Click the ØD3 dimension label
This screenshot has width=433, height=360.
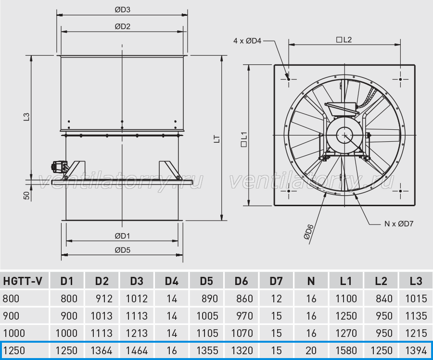click(x=122, y=10)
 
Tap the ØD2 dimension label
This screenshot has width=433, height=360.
click(x=122, y=26)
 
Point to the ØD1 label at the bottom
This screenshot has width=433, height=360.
click(x=122, y=236)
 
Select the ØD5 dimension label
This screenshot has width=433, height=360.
click(x=122, y=250)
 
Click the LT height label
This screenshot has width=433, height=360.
click(x=217, y=139)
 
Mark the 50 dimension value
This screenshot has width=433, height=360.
click(x=26, y=195)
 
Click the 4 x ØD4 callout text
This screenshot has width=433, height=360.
click(x=247, y=41)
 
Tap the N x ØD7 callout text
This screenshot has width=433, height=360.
click(x=399, y=223)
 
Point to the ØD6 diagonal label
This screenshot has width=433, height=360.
click(x=309, y=232)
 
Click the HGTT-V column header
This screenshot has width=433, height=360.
click(x=23, y=281)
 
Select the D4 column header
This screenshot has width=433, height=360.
click(x=171, y=281)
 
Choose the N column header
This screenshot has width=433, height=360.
click(x=311, y=281)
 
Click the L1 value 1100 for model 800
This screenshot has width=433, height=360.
click(x=346, y=298)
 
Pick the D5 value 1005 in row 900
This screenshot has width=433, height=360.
click(x=207, y=316)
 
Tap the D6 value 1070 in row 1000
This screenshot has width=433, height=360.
click(x=242, y=333)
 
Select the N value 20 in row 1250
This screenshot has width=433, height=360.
click(x=311, y=350)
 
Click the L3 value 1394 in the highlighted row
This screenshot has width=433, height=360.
click(x=416, y=350)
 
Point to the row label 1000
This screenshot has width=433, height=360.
click(x=14, y=333)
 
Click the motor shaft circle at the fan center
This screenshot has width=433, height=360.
click(x=344, y=135)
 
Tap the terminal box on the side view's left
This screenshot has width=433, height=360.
click(x=58, y=166)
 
